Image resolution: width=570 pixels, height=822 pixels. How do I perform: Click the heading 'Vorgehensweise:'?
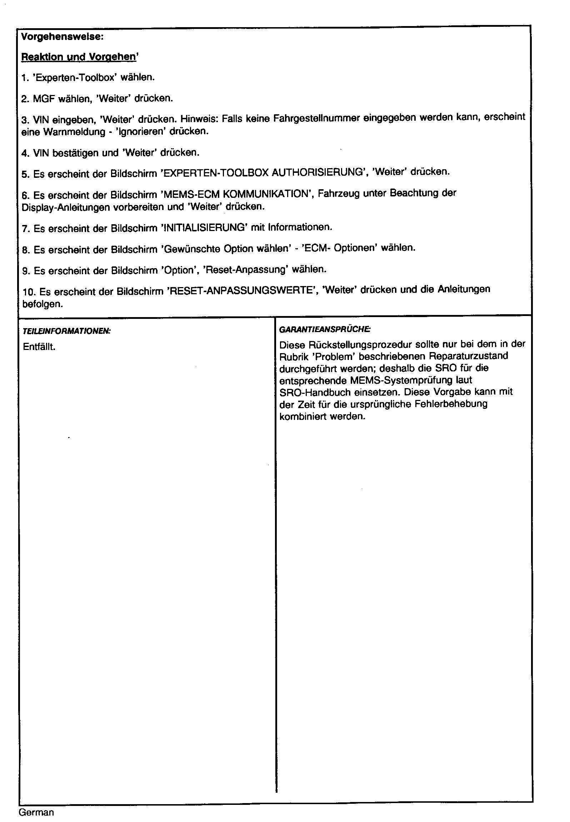point(62,37)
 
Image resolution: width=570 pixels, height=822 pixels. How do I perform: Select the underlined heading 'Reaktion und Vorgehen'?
point(79,57)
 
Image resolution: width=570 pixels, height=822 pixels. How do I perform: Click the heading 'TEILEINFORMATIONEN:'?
point(66,331)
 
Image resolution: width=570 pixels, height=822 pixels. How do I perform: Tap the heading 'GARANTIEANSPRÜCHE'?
point(325,330)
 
